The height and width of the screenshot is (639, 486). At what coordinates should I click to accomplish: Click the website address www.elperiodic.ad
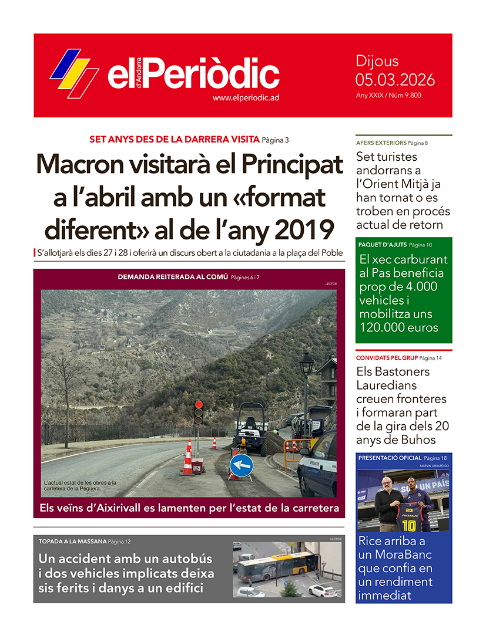(245, 98)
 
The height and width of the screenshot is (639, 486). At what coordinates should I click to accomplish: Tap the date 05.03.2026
(394, 79)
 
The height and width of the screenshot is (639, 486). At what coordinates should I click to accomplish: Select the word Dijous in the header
(377, 61)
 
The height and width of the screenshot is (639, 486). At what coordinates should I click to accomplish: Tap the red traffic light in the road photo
(199, 405)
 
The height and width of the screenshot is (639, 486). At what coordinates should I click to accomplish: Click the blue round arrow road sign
(241, 465)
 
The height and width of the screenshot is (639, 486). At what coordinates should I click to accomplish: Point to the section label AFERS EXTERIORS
(381, 143)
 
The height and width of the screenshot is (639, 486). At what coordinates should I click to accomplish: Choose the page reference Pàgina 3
(275, 140)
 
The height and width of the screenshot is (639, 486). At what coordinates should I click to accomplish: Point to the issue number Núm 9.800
(404, 95)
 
